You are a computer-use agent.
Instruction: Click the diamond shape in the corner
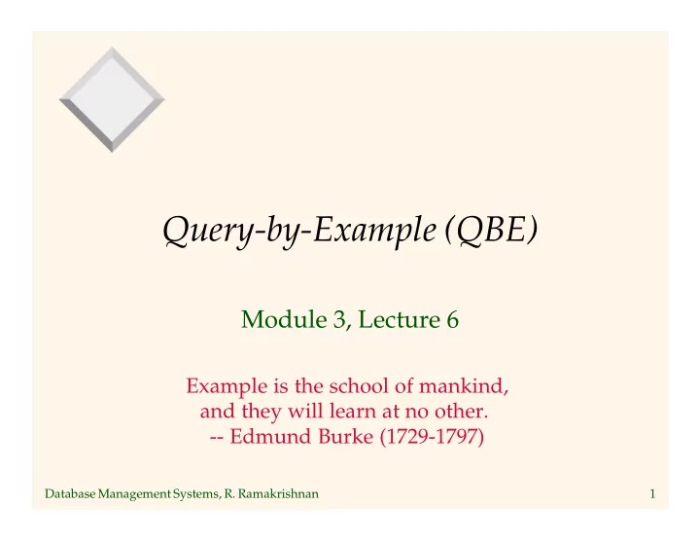coord(112,99)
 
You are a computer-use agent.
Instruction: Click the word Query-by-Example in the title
coord(299,231)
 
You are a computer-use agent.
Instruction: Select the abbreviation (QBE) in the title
coord(492,230)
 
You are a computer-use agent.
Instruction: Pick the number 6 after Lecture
coord(452,319)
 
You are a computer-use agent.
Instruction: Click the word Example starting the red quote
coord(227,386)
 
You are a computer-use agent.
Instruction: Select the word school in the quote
coord(360,385)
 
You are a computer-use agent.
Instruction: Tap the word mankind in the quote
coord(464,385)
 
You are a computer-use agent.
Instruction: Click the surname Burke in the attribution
coord(345,436)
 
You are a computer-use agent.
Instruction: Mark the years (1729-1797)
coord(432,437)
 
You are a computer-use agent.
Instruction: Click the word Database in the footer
coord(70,493)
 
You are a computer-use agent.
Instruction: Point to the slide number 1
coord(652,493)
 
